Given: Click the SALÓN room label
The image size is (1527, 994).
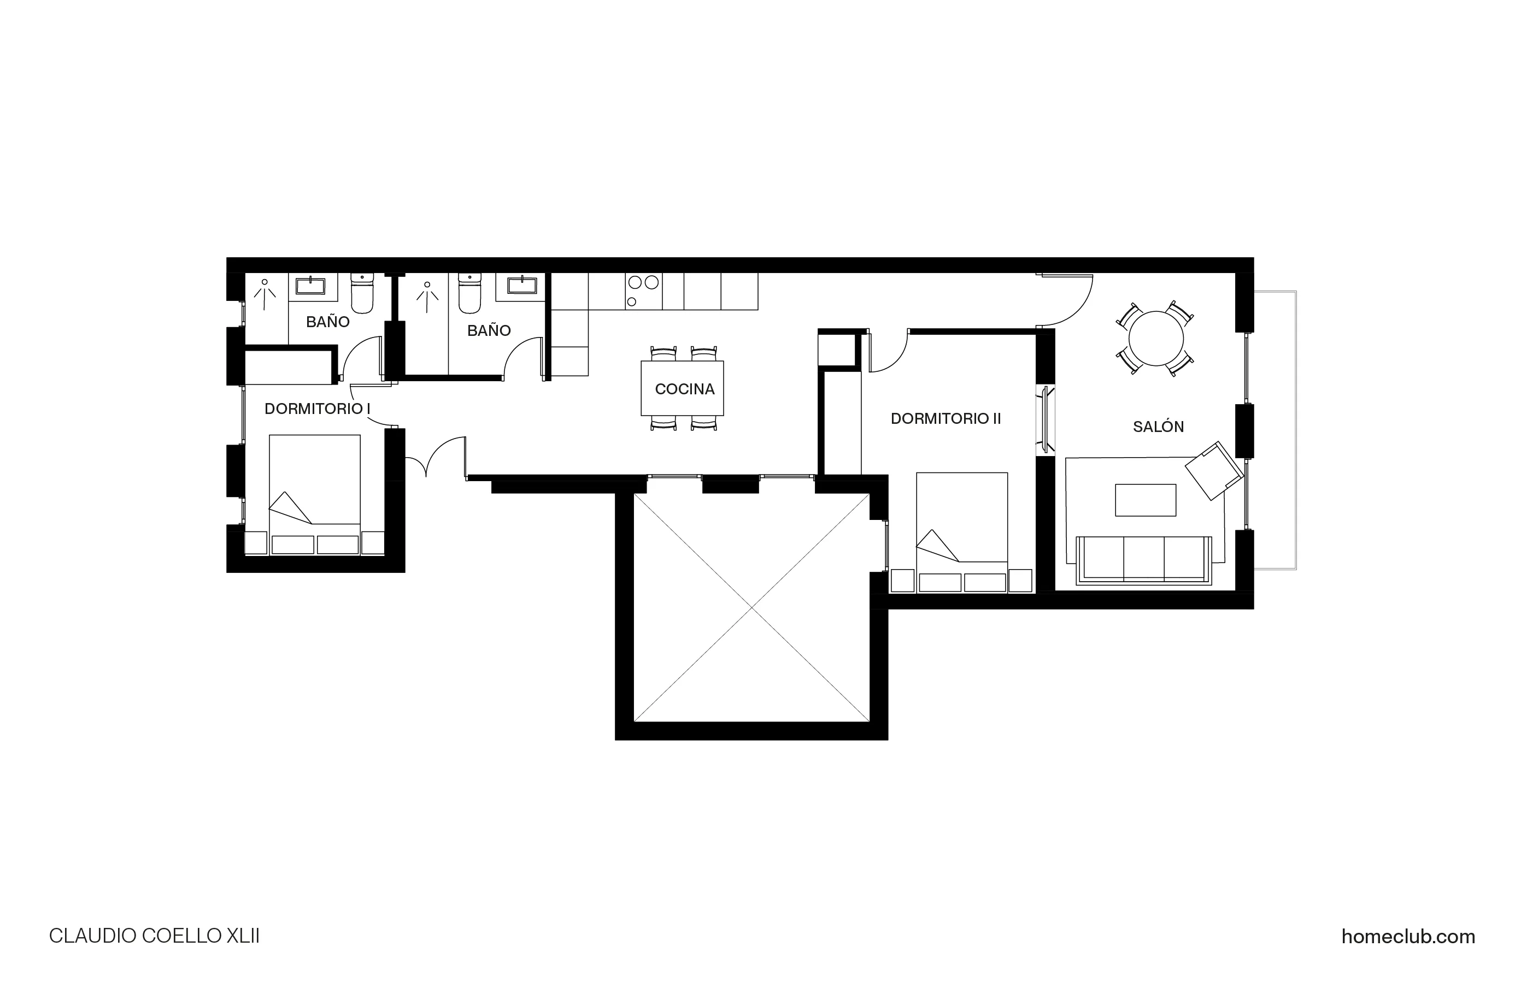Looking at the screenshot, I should pos(1158,427).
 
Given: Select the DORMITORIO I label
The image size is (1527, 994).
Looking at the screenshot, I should pos(317,409).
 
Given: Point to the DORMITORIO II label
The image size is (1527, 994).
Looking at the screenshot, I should pos(945,418).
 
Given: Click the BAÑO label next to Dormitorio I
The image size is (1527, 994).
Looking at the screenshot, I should pos(327,321).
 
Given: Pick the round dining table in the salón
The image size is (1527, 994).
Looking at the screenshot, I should pos(1155,338).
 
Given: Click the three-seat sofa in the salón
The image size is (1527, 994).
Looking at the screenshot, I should pos(1143,559).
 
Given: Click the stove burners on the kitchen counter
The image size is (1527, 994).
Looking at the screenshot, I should pos(643,289).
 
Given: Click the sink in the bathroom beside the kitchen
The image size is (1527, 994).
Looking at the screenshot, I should pos(521,285).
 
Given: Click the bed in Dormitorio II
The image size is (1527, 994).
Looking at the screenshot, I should pos(961,526).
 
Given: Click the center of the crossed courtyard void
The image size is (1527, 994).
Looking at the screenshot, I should pos(751,607).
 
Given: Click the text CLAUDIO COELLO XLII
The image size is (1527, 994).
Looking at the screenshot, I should pos(154,936).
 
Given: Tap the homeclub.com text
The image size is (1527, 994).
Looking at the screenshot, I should pos(1408,936).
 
